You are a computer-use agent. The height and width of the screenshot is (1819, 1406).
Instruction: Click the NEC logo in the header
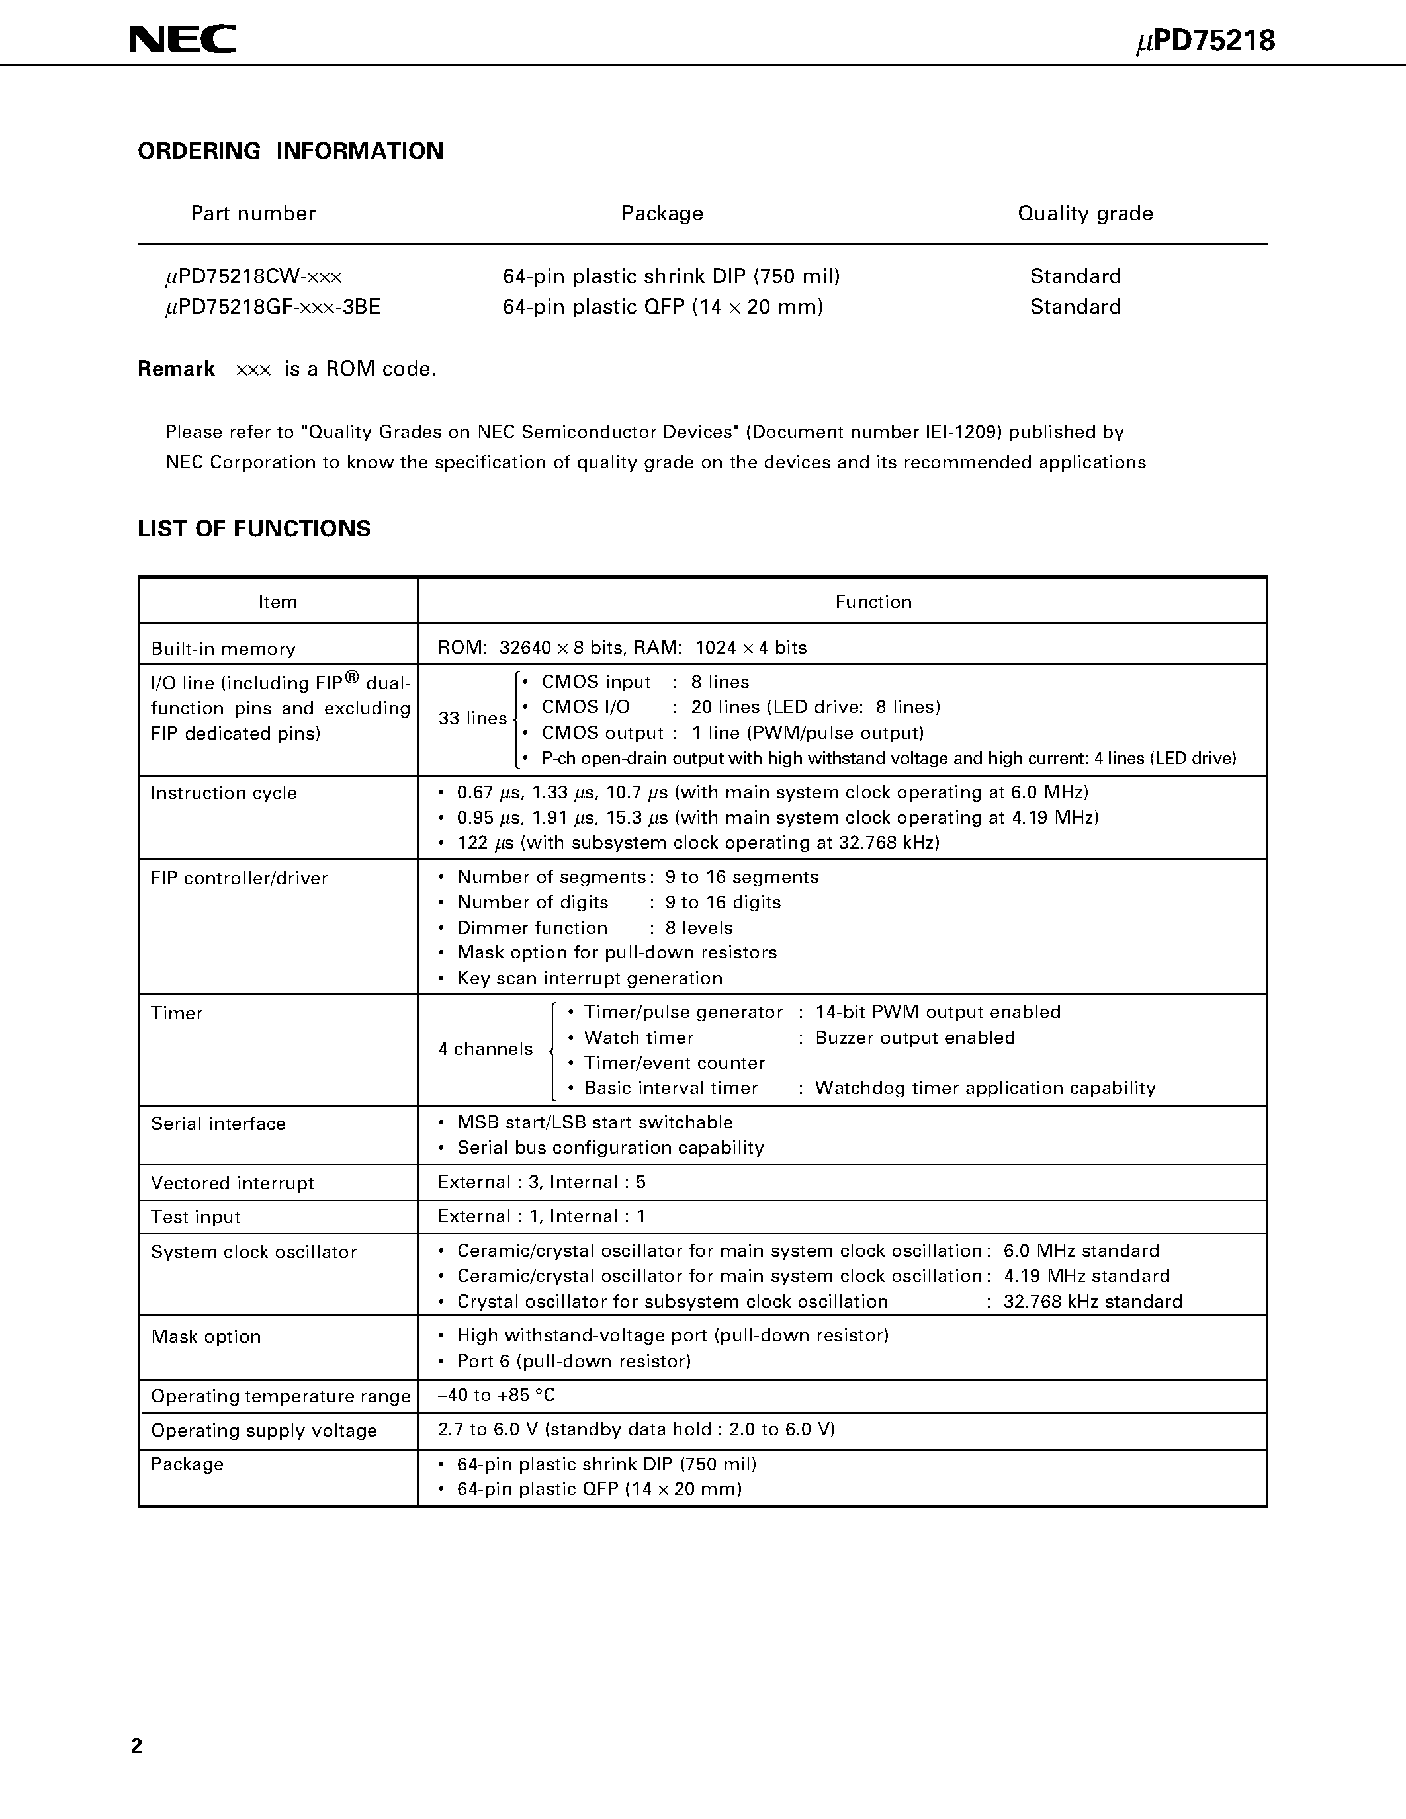click(183, 39)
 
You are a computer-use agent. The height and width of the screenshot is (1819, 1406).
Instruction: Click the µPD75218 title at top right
click(1206, 42)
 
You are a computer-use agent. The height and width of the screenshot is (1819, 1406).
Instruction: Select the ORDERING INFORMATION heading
click(290, 151)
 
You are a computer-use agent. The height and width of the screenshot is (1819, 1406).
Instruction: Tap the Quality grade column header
click(1084, 213)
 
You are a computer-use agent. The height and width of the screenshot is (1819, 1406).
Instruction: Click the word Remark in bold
click(176, 369)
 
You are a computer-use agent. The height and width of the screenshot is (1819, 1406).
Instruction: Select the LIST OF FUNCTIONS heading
click(253, 529)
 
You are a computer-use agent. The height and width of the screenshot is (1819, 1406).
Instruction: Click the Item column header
click(277, 601)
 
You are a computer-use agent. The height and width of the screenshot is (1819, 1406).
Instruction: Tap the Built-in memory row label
click(222, 649)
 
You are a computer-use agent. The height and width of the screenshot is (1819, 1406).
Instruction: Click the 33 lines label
click(472, 718)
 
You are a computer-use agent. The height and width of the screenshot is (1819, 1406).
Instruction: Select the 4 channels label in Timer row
click(485, 1048)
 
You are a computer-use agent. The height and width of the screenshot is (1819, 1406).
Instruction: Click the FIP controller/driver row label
click(239, 878)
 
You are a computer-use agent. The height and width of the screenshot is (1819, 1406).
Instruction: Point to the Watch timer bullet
click(638, 1038)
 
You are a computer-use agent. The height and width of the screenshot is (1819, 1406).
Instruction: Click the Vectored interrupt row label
click(232, 1183)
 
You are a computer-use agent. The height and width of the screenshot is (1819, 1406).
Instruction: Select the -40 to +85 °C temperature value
click(496, 1395)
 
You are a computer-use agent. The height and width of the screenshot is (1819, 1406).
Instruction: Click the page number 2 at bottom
click(136, 1746)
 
